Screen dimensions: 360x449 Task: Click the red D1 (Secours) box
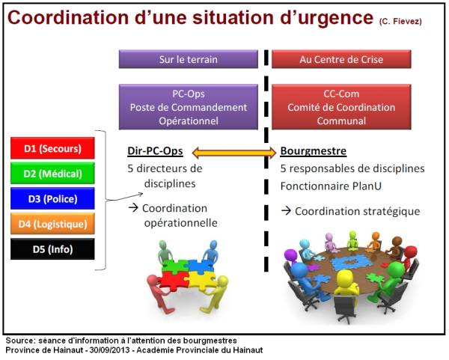tap(52, 148)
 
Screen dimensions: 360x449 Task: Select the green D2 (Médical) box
tap(52, 174)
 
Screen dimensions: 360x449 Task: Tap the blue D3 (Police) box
tap(52, 198)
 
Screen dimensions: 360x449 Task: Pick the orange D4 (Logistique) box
tap(52, 223)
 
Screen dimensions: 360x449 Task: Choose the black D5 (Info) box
tap(52, 248)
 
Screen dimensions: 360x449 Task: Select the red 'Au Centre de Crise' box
tap(340, 59)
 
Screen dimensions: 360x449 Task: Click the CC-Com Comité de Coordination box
tap(340, 107)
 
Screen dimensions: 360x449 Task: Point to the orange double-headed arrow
tap(234, 153)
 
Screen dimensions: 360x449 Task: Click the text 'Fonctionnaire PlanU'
tap(328, 184)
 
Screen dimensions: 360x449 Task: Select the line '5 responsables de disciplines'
tap(352, 168)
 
